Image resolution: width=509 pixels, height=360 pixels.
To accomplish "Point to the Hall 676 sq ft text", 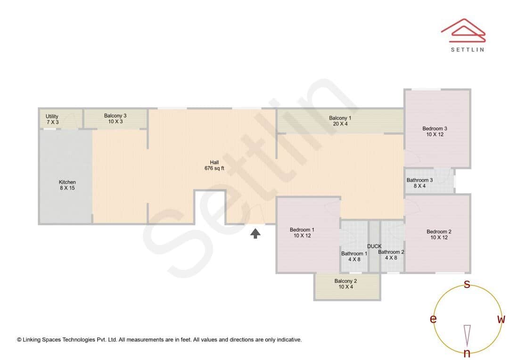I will click(x=214, y=165).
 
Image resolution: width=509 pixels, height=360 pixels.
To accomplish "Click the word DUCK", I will click(x=374, y=246).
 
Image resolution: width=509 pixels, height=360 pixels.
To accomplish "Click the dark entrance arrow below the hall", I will click(x=255, y=233).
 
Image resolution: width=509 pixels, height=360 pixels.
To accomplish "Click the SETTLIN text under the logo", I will click(x=467, y=49).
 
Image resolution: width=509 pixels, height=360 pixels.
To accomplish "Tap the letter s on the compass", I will click(x=467, y=284).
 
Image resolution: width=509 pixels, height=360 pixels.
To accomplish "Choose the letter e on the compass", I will click(x=433, y=319).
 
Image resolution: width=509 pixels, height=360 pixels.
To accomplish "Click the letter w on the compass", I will click(x=501, y=319).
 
